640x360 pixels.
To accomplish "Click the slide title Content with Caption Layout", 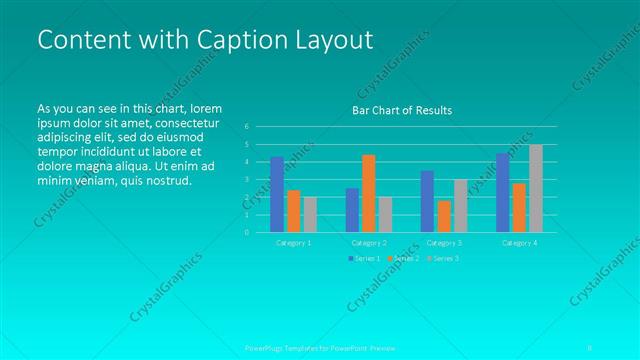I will click(204, 40).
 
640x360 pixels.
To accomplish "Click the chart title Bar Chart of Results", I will click(402, 110).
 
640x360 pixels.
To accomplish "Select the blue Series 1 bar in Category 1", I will click(277, 194).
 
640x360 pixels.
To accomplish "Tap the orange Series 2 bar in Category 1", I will click(294, 211).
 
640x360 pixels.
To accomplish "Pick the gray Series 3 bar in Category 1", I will click(310, 214).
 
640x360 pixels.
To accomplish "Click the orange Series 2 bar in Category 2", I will click(369, 193).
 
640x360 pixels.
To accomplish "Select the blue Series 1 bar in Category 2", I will click(352, 210).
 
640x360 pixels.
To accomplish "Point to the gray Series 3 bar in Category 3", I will click(460, 205).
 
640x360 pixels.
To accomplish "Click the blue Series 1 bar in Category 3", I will click(427, 201).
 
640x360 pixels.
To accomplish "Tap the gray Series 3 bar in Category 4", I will click(536, 188).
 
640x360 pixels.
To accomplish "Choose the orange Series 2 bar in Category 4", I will click(519, 207).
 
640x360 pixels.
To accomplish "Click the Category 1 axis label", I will click(294, 242).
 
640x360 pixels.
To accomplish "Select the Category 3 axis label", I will click(444, 242).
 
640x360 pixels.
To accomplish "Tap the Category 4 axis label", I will click(519, 242).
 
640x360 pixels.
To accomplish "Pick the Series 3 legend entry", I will click(443, 259).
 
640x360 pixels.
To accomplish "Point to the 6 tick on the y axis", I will click(246, 127).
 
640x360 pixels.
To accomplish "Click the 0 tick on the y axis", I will click(246, 232).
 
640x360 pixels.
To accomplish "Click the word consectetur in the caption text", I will click(186, 122).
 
